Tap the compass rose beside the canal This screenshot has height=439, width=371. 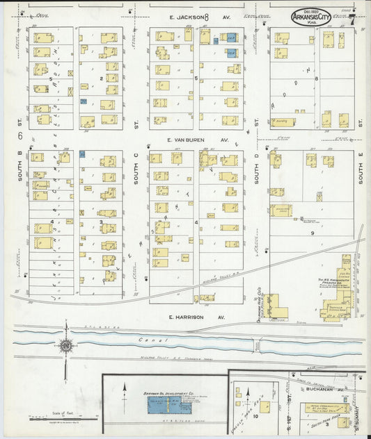coord(67,345)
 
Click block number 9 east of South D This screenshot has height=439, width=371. coord(313,233)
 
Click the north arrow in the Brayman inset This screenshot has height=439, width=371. coord(125,390)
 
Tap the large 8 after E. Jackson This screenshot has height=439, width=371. coord(206,17)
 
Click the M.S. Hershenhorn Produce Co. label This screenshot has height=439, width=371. coord(322,281)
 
